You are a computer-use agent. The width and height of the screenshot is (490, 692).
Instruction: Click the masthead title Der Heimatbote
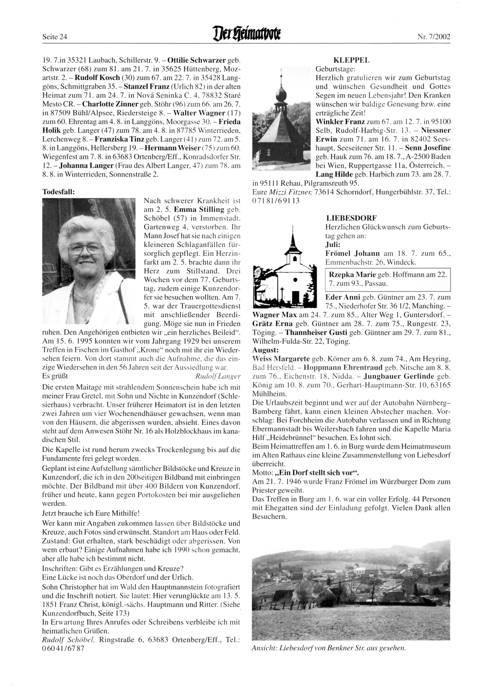click(x=245, y=36)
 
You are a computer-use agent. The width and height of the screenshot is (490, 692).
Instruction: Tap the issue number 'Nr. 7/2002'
click(x=434, y=37)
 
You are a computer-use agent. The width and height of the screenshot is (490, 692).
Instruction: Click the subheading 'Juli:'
click(x=333, y=243)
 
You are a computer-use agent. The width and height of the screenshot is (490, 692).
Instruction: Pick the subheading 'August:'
click(x=265, y=351)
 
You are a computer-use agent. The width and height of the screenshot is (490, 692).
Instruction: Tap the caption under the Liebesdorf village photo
click(x=329, y=648)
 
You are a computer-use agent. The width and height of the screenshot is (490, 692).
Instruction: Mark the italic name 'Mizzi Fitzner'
click(x=294, y=192)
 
